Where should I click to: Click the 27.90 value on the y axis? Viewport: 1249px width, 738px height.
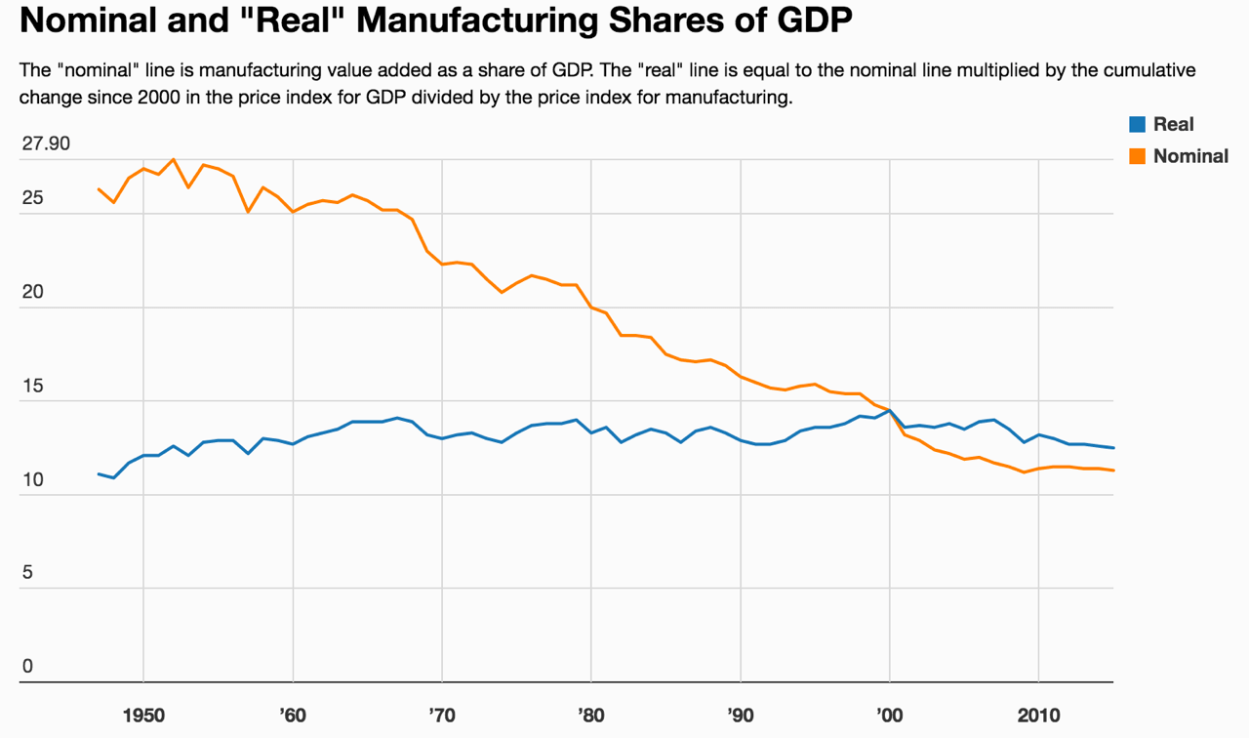tap(46, 144)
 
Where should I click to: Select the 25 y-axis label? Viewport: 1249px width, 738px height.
tap(32, 198)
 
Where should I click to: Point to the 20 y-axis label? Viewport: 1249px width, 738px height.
tap(32, 293)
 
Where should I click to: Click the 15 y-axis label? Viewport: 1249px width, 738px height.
tap(32, 387)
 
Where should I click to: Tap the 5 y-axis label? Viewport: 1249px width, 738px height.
tap(27, 573)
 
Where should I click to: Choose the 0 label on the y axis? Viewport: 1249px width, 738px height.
tap(27, 667)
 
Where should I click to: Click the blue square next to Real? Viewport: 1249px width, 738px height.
tap(1137, 124)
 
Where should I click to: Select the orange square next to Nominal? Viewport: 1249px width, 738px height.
tap(1137, 156)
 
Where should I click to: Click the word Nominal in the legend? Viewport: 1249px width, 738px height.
tap(1190, 156)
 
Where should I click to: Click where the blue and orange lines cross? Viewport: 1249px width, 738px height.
tap(890, 411)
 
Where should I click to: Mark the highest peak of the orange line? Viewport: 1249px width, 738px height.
tap(174, 159)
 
